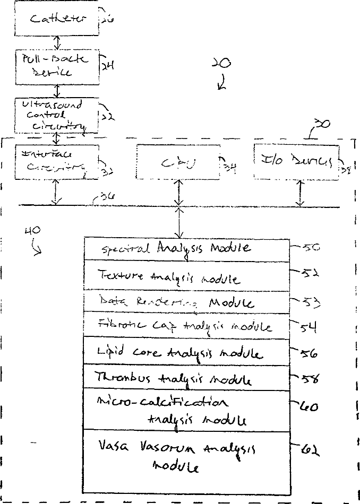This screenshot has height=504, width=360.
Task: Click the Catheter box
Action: click(x=57, y=20)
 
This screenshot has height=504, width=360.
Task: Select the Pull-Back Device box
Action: click(x=57, y=66)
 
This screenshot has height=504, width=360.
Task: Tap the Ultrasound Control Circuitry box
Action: click(x=57, y=115)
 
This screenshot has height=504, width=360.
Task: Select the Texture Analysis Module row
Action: click(x=187, y=276)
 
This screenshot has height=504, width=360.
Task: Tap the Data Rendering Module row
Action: click(x=187, y=303)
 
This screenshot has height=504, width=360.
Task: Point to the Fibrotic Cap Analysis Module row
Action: click(x=187, y=326)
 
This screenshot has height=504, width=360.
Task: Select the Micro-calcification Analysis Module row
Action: click(x=187, y=410)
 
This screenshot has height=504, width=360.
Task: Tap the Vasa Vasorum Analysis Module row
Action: click(x=187, y=459)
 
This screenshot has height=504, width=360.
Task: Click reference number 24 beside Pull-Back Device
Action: click(x=107, y=65)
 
